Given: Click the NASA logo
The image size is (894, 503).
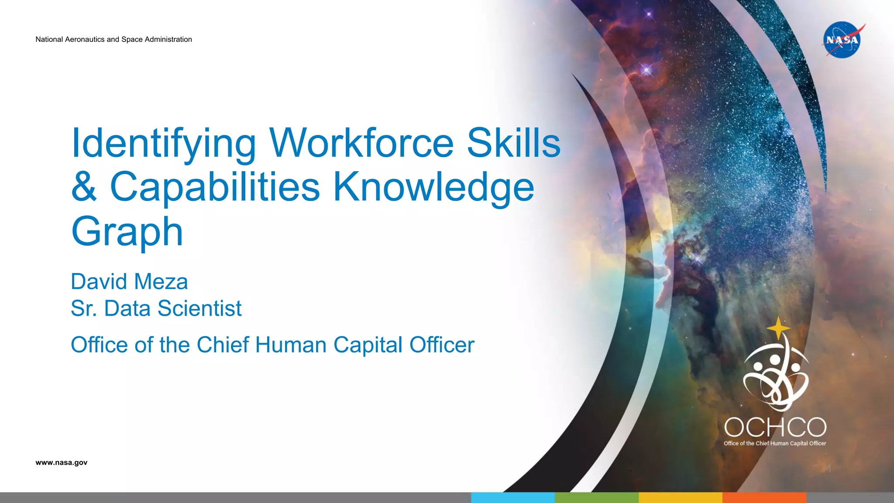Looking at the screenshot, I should pos(842,40).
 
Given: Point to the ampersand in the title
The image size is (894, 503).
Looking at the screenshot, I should pos(84,186).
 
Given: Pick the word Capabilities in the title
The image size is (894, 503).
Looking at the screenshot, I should pos(215,186).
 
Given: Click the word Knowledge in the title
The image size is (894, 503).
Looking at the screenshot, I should pos(433,187).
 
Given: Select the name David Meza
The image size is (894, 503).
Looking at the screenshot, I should pos(129,282).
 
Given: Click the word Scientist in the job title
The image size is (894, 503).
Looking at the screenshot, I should pos(199,308).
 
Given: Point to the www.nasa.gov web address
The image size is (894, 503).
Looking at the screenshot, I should pos(62,462).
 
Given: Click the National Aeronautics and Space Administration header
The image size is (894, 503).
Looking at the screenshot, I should pos(113,39).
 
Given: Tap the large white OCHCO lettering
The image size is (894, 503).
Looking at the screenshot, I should pos(775,427).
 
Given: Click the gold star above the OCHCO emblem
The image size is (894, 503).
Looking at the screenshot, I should pos(778,328).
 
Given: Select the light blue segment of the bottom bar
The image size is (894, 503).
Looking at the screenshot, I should pos(513,497).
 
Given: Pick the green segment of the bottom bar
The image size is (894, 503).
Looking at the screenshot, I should pos(597,497).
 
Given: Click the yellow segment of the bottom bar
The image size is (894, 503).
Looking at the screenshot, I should pos(681,497).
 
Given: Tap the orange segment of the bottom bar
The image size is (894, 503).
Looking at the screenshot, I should pos(764,497).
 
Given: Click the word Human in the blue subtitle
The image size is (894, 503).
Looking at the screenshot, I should pos(291,345).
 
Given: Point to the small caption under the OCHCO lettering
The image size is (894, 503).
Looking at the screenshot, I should pos(775,443).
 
